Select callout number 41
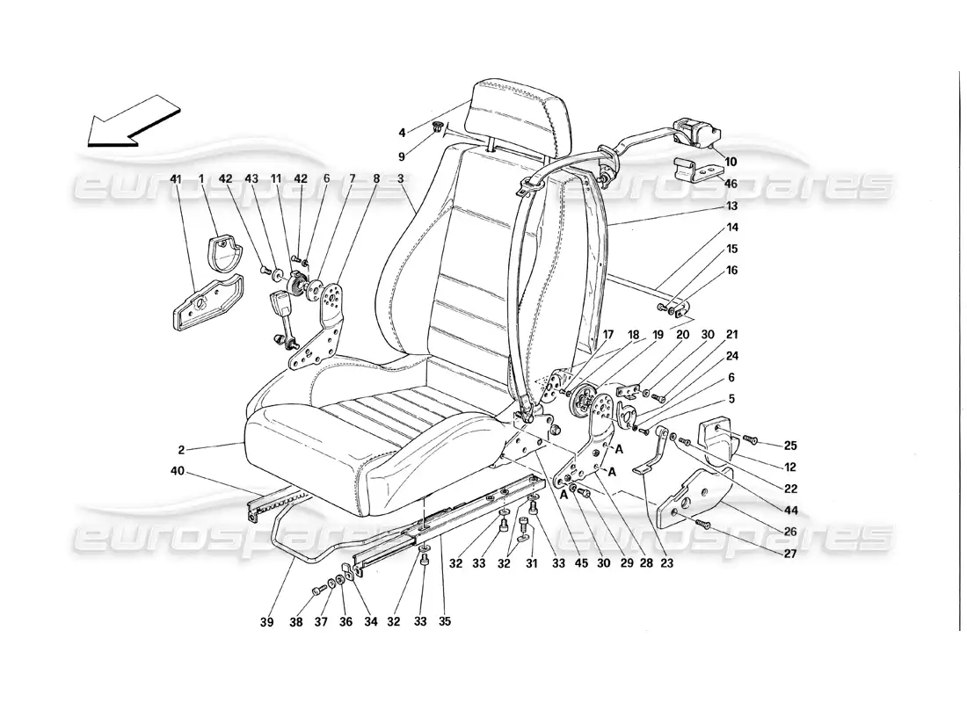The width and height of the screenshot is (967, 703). (177, 178)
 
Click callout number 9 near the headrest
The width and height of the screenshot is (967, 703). (403, 157)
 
